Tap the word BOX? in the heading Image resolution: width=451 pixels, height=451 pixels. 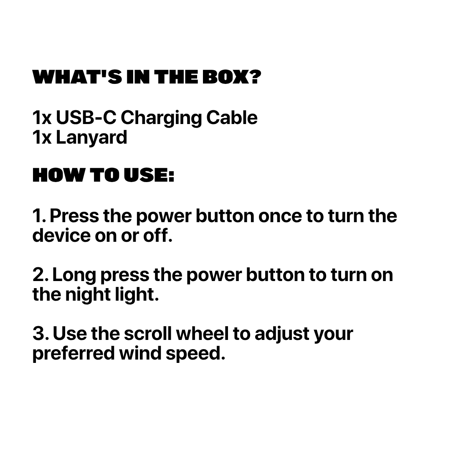232,77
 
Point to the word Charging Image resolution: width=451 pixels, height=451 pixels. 161,119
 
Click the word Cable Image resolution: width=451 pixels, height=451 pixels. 232,117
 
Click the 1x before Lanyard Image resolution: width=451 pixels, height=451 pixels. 42,137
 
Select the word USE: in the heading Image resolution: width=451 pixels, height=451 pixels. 149,175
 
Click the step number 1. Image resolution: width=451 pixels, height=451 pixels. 39,216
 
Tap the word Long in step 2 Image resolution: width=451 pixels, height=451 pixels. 74,276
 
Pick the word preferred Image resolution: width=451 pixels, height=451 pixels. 73,354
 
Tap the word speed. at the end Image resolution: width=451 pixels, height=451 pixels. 195,354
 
